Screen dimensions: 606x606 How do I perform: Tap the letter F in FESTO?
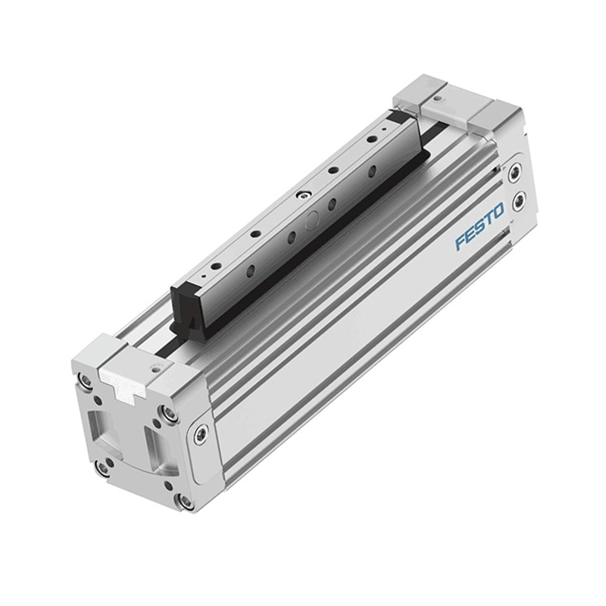[x=460, y=242]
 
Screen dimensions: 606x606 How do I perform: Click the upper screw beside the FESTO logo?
[x=515, y=173]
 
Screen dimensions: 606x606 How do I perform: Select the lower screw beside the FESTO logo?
[x=517, y=201]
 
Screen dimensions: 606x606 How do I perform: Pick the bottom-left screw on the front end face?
[x=102, y=468]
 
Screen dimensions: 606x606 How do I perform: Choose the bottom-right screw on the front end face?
[x=185, y=501]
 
